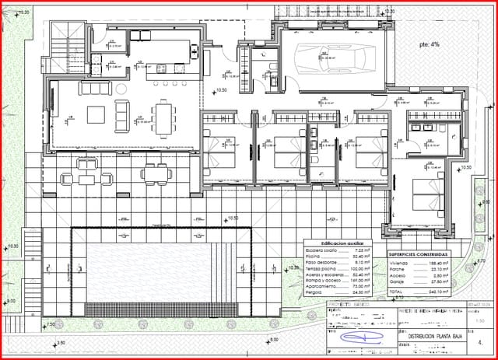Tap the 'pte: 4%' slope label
pos(429,44)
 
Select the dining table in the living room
pos(163,118)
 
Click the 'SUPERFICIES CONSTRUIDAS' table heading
pos(418,254)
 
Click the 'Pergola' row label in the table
pos(315,292)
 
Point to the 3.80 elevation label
pos(61,343)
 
